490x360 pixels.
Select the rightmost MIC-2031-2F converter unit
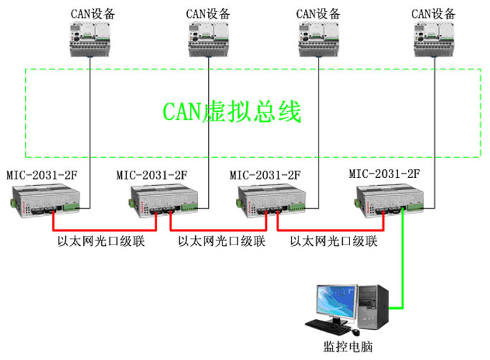tap(387, 198)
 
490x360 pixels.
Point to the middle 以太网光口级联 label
tap(222, 242)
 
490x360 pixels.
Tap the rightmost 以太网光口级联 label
tap(334, 242)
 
